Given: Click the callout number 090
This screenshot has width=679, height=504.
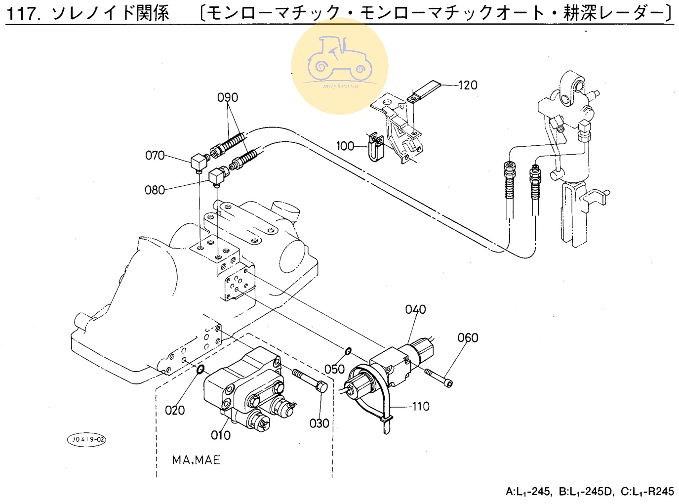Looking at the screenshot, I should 228,97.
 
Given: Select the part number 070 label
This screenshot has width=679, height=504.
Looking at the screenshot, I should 155,155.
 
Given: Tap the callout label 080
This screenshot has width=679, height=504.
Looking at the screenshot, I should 155,190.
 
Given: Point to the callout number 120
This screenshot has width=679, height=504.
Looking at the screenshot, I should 468,85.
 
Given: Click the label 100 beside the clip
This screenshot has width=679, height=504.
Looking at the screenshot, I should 345,146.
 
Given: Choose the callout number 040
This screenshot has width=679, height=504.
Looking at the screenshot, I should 415,309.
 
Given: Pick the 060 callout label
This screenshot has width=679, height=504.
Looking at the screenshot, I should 468,337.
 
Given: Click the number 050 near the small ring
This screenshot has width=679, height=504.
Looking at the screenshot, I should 334,369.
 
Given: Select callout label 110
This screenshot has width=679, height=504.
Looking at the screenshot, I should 421,406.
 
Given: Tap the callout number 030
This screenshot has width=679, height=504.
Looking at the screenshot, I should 319,423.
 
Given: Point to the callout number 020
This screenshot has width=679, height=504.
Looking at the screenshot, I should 175,410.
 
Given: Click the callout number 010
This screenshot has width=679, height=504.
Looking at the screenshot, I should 220,435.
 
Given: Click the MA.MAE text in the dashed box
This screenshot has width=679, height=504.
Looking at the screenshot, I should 196,460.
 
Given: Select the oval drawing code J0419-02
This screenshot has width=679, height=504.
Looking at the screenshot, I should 87,439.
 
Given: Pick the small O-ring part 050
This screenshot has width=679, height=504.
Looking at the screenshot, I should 348,351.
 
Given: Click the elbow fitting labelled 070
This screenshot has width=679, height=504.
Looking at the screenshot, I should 199,162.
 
